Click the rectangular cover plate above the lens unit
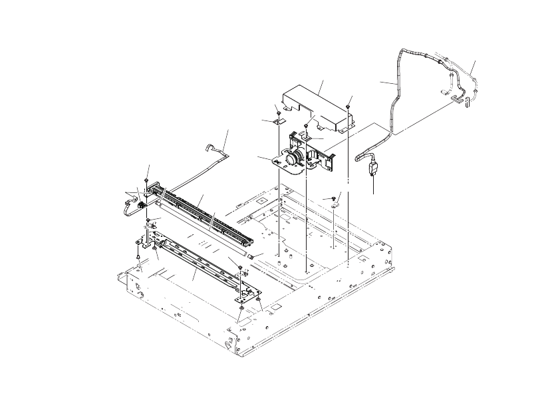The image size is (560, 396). tap(313, 103)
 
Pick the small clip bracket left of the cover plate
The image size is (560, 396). tap(279, 121)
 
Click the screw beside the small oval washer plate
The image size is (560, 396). tap(331, 199)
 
